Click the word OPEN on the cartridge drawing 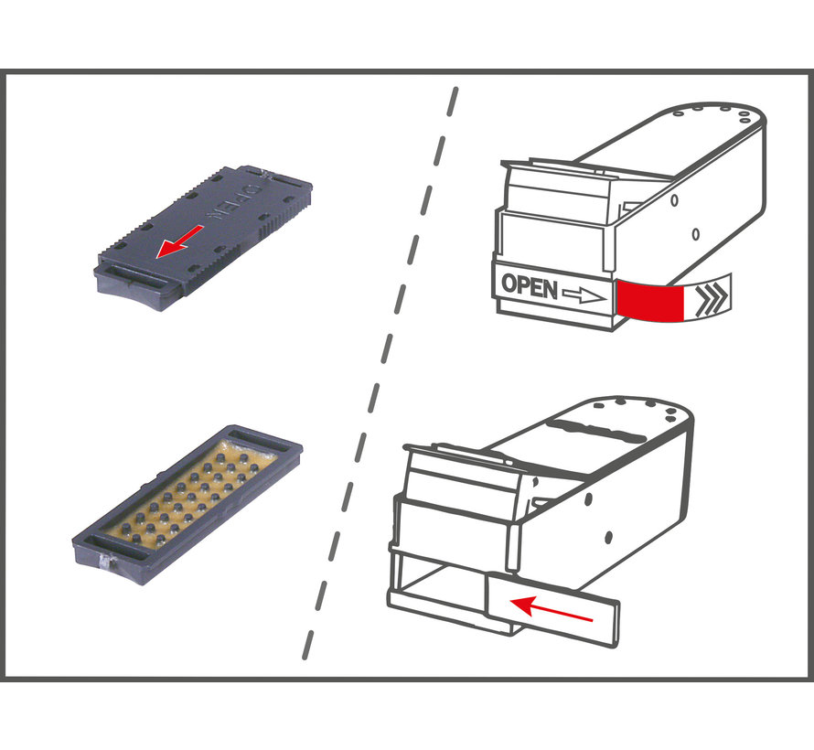click(530, 286)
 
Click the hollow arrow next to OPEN click(584, 296)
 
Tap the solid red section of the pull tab click(650, 301)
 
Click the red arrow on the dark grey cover click(180, 241)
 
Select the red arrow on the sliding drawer click(551, 608)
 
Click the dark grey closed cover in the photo click(203, 238)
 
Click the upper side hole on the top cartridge click(674, 199)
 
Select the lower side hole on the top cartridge click(696, 234)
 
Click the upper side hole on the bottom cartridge click(588, 499)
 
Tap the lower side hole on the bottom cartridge click(608, 537)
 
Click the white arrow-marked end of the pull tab click(708, 297)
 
